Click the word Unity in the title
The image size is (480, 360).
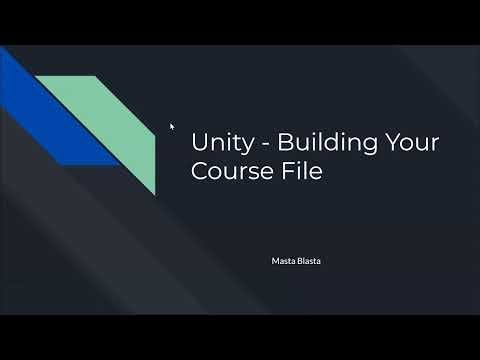click(215, 143)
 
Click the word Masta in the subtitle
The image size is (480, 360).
click(283, 262)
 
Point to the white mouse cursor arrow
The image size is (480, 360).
click(172, 126)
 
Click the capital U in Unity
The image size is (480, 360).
click(198, 143)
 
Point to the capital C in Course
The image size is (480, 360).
click(199, 172)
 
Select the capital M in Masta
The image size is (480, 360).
click(276, 262)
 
